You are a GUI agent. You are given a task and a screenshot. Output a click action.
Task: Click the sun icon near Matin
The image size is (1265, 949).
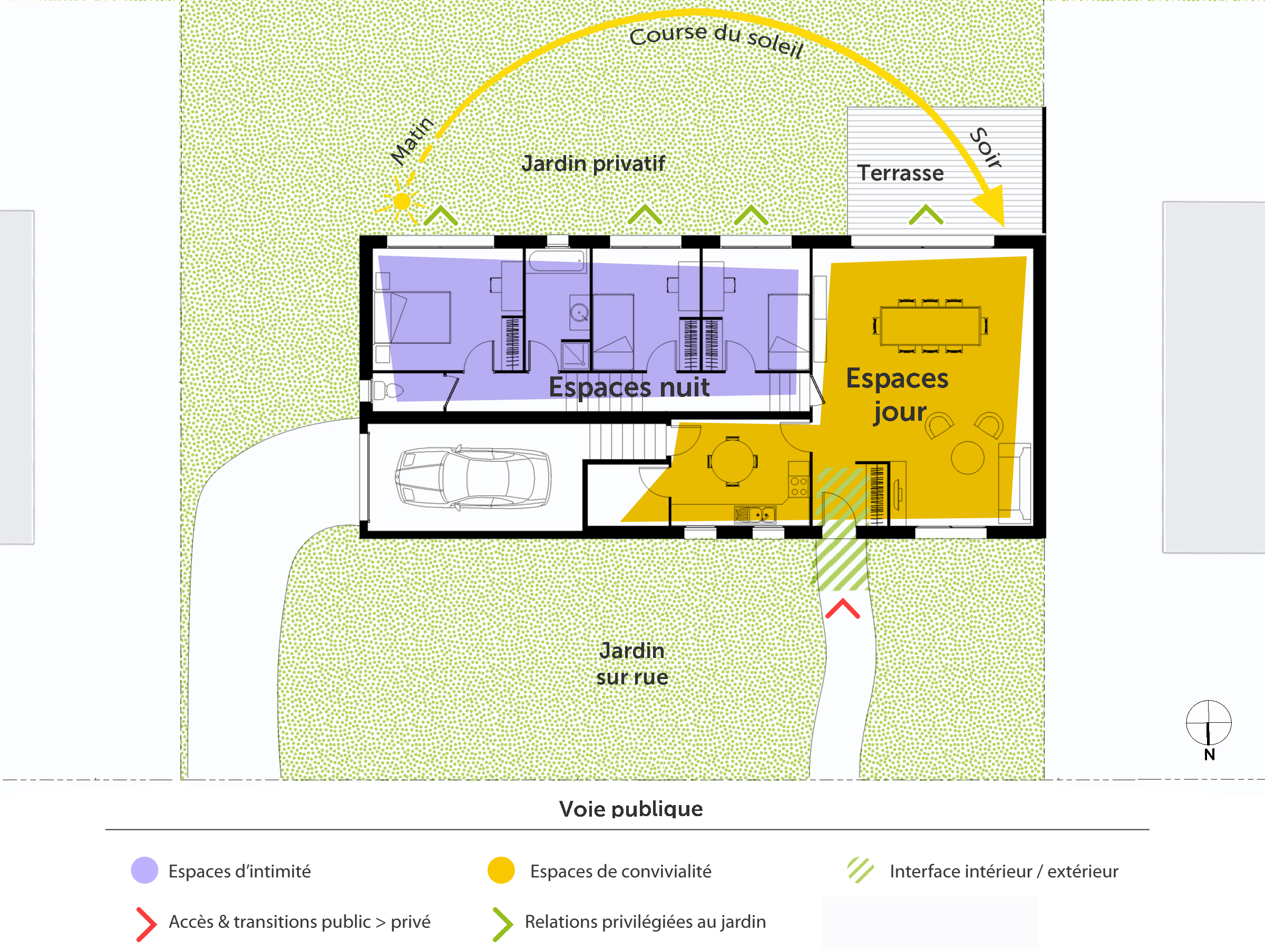[402, 202]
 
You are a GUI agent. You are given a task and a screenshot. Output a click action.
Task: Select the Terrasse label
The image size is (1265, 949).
[900, 173]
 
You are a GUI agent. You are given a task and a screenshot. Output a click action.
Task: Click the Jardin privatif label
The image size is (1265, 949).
[593, 163]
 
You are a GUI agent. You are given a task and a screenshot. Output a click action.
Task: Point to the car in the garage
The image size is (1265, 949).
[473, 478]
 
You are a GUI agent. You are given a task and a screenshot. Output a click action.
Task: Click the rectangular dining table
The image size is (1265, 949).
[930, 326]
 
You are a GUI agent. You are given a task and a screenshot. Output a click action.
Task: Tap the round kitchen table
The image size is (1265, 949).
[732, 461]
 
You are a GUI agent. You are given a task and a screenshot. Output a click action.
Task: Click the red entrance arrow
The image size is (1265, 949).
[842, 608]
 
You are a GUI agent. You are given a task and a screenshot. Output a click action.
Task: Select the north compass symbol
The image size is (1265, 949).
[1209, 723]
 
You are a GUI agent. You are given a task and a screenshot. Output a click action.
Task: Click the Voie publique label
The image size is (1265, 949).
[631, 809]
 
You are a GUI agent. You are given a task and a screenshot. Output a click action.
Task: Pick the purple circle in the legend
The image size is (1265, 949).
[145, 870]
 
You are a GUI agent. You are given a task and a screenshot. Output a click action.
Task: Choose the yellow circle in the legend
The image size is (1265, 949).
[501, 870]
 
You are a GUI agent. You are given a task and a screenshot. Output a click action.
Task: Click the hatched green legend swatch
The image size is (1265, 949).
[860, 870]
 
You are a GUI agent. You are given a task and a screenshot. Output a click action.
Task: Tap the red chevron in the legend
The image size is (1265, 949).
[146, 924]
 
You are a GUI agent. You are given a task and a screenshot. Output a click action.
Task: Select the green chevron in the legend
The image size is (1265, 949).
[503, 924]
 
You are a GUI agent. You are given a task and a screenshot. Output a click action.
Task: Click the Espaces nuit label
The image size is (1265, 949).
[629, 388]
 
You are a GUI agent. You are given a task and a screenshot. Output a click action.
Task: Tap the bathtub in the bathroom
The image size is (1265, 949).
[557, 262]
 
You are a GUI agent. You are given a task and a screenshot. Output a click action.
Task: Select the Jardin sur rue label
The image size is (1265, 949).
[632, 664]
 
